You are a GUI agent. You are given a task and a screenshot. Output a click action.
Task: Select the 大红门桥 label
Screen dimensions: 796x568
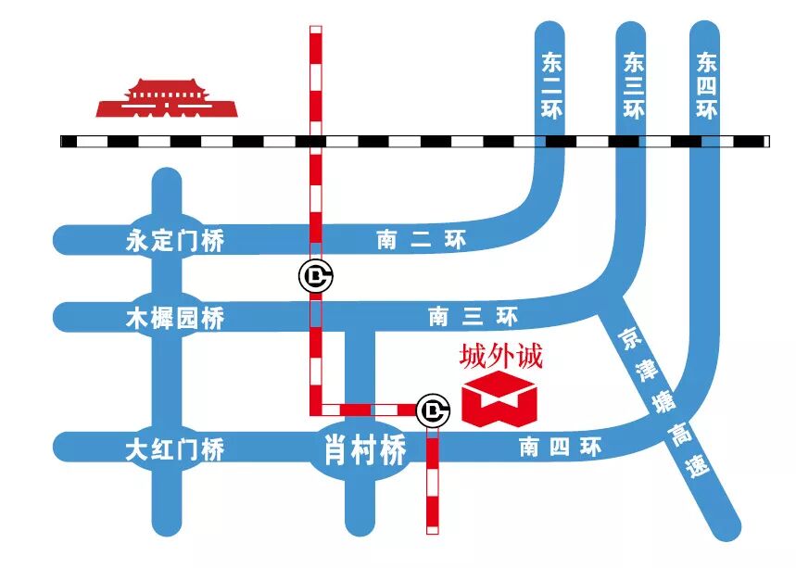(175, 451)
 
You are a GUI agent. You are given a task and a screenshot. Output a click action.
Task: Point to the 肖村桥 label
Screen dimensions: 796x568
(365, 451)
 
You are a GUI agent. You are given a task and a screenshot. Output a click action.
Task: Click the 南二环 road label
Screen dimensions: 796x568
(421, 241)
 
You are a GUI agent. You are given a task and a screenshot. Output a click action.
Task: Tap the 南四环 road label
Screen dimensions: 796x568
(560, 448)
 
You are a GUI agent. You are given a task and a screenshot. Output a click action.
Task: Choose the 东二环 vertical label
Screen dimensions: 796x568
(550, 86)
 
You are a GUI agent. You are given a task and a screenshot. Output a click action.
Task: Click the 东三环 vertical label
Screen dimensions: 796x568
(634, 86)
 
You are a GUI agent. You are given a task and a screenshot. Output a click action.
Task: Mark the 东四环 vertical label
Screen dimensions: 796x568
(707, 86)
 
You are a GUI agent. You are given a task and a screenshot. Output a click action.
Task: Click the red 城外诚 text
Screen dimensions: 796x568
(500, 357)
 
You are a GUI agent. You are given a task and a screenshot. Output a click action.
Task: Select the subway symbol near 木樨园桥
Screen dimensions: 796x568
(316, 275)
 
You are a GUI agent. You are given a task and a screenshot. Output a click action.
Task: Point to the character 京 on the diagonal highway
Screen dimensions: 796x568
(629, 335)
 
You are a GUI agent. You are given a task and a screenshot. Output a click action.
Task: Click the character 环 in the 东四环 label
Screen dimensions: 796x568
(707, 110)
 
